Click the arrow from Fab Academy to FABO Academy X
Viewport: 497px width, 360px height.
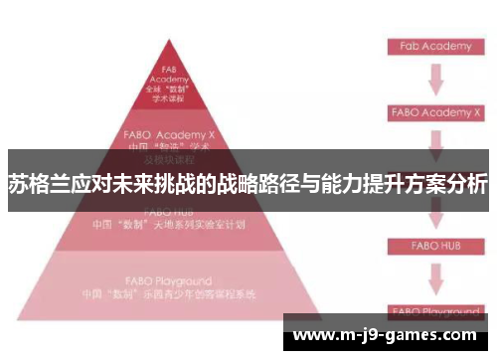pyautogui.click(x=434, y=79)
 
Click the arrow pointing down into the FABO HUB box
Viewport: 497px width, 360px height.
pyautogui.click(x=434, y=218)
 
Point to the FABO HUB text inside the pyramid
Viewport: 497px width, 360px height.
pyautogui.click(x=170, y=212)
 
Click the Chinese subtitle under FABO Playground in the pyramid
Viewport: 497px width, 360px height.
pyautogui.click(x=170, y=294)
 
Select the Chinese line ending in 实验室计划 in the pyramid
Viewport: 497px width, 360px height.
pyautogui.click(x=170, y=225)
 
